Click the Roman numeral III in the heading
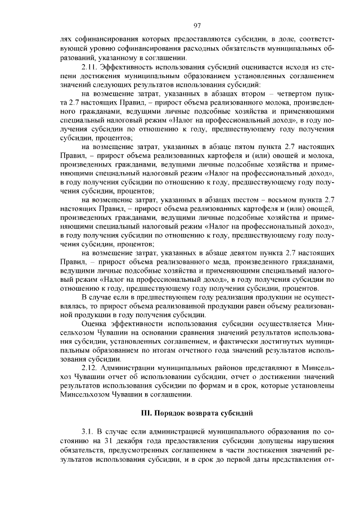[x=147, y=413]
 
